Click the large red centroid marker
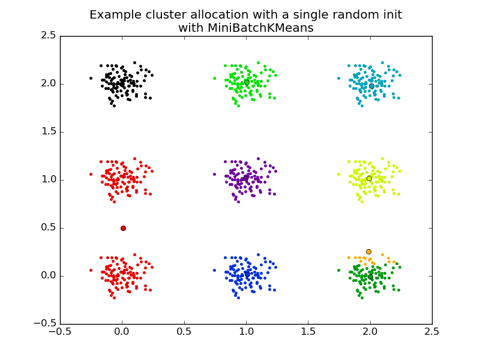(123, 228)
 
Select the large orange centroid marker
(368, 251)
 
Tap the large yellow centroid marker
(369, 178)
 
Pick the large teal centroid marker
(371, 86)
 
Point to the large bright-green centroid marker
(247, 82)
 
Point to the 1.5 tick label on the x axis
(308, 332)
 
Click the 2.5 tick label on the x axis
(432, 332)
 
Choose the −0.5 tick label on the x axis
(58, 332)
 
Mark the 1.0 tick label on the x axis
(246, 332)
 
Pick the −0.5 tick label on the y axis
(46, 323)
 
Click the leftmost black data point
(91, 78)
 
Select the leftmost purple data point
(214, 174)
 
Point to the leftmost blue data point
(214, 270)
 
